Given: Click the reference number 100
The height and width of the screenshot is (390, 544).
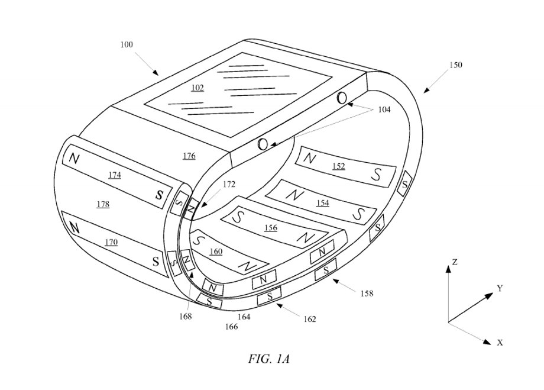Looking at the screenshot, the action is [x=127, y=45].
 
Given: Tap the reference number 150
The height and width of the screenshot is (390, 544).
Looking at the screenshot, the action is [x=455, y=65].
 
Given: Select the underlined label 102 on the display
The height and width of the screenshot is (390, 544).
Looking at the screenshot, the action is [x=197, y=88].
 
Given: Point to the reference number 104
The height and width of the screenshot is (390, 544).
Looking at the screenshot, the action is [x=384, y=109].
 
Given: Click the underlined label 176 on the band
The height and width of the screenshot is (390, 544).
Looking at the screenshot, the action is [x=189, y=156].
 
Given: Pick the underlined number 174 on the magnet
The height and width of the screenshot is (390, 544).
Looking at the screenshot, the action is [x=115, y=175].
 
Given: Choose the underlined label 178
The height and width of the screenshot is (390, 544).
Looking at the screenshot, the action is [x=103, y=204].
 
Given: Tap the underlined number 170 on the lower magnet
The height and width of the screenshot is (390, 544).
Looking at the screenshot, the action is [x=111, y=242].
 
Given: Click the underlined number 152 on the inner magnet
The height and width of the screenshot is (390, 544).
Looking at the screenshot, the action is [x=339, y=166].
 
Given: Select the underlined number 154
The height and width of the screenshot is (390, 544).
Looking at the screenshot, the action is [x=323, y=203].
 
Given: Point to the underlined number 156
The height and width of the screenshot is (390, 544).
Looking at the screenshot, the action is [x=271, y=228].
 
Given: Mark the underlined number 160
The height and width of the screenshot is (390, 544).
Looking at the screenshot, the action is [x=216, y=252].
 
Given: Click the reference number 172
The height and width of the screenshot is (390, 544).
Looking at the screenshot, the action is [x=229, y=185].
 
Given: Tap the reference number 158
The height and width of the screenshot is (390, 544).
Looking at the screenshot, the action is [x=367, y=294].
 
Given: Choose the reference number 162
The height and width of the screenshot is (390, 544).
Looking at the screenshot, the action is [x=309, y=319].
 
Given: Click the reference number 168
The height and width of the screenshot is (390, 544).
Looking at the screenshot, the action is [x=185, y=317].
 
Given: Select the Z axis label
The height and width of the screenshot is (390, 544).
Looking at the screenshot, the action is [x=455, y=262].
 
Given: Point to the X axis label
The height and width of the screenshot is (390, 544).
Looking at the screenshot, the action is [x=500, y=343].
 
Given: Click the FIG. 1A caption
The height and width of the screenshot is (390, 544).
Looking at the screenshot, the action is [x=268, y=359].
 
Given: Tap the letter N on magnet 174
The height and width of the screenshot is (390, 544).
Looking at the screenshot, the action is [x=74, y=159].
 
